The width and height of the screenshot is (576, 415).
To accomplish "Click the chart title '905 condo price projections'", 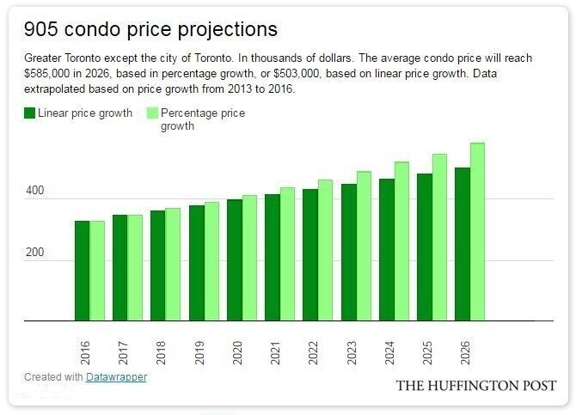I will pyautogui.click(x=150, y=30).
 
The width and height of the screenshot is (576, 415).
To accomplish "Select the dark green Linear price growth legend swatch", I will pyautogui.click(x=29, y=113).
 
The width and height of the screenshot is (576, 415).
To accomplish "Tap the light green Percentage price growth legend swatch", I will pyautogui.click(x=153, y=113).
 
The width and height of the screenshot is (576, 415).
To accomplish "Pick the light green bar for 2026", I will pyautogui.click(x=478, y=232).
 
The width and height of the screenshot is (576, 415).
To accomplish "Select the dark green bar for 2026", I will pyautogui.click(x=463, y=244).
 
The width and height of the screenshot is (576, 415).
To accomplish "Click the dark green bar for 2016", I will pyautogui.click(x=82, y=271).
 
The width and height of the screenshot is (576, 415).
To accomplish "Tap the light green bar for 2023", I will pyautogui.click(x=364, y=246).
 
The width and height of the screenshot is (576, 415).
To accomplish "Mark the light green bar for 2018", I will pyautogui.click(x=173, y=264).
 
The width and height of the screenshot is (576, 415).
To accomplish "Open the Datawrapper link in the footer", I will pyautogui.click(x=116, y=377).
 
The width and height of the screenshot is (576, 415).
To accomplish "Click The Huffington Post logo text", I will pyautogui.click(x=476, y=386).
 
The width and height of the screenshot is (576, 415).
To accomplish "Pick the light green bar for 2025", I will pyautogui.click(x=439, y=237).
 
